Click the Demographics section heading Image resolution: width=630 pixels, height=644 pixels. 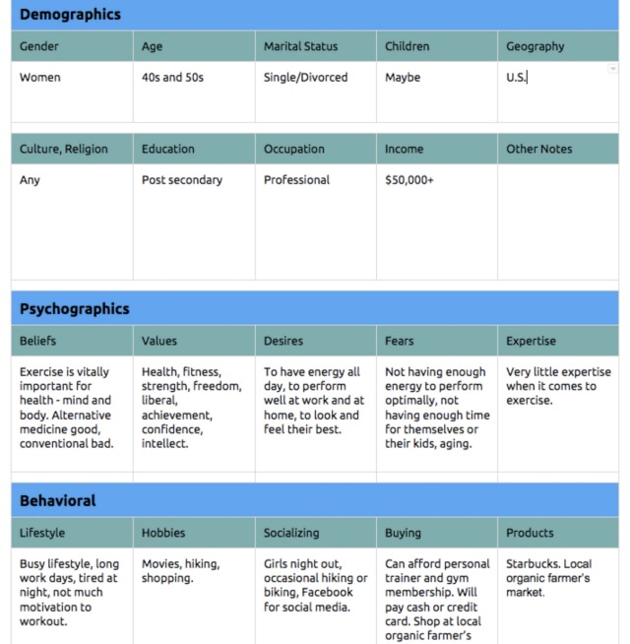70,15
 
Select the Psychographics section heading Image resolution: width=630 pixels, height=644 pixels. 75,308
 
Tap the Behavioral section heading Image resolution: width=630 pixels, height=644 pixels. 58,500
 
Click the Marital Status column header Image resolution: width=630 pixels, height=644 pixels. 300,46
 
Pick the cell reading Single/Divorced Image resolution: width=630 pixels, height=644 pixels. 305,78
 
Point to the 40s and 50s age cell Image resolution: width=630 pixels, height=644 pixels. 172,78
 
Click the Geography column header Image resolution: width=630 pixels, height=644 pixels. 535,46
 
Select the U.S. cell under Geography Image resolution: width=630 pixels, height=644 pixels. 516,78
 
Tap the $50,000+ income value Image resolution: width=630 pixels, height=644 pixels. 409,180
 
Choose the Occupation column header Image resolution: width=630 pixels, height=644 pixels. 293,150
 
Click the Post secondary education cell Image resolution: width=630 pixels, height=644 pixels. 182,180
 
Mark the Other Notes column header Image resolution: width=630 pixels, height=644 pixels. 538,150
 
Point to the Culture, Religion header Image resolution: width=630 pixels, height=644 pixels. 64,150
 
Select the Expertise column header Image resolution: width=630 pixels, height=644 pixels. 531,342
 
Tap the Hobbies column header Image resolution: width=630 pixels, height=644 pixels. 163,533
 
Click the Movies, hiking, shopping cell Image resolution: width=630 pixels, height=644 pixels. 180,571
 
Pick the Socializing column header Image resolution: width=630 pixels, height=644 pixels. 291,533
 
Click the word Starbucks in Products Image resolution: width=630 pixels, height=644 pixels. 533,564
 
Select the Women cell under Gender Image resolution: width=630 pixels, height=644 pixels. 39,78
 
